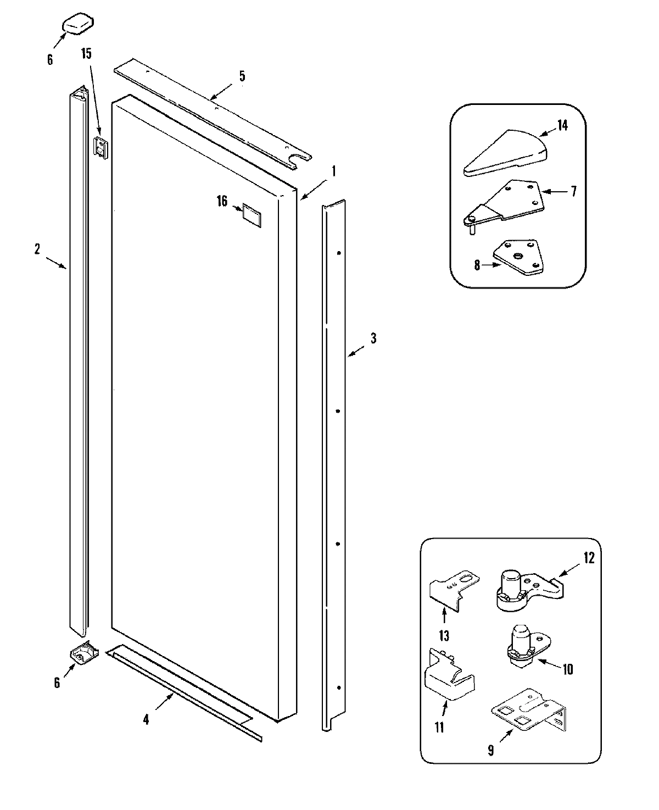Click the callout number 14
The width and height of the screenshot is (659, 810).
click(x=562, y=125)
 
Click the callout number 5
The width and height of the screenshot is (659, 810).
click(x=242, y=76)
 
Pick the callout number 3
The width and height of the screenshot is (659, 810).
click(x=373, y=338)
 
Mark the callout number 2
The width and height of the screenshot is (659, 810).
click(x=37, y=249)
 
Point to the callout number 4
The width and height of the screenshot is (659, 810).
click(x=146, y=719)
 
